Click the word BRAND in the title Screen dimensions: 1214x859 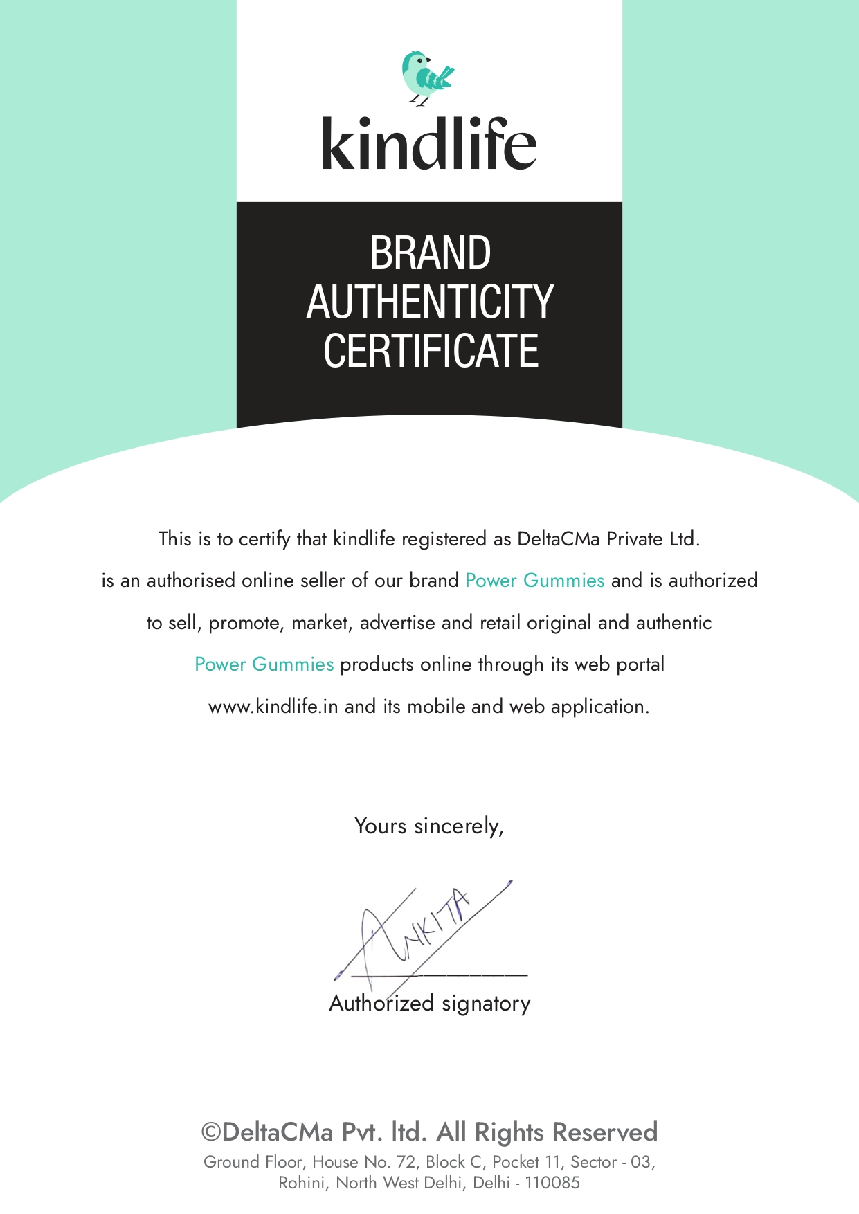430,253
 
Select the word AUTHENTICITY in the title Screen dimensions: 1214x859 430,302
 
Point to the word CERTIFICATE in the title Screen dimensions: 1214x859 430,350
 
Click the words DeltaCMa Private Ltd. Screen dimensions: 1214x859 608,538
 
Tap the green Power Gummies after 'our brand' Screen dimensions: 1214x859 535,580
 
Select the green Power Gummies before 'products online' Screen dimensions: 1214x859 264,664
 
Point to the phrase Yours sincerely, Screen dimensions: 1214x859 429,826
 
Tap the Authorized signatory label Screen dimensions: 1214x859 430,1003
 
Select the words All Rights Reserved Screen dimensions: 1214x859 547,1132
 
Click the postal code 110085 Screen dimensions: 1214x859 552,1183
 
